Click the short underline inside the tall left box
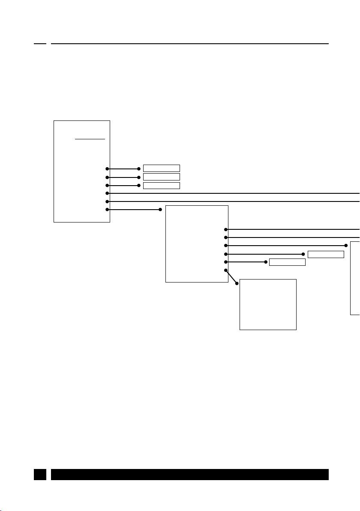[x=90, y=139]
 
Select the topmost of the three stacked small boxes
[x=161, y=168]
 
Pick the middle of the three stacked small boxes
[x=161, y=177]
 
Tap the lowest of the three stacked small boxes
[x=161, y=185]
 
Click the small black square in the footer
[x=40, y=474]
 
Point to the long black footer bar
[x=189, y=474]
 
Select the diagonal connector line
[x=231, y=277]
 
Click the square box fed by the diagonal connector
[x=268, y=304]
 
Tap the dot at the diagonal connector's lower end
[x=237, y=283]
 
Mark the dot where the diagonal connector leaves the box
[x=226, y=270]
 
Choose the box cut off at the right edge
[x=355, y=278]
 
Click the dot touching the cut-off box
[x=346, y=245]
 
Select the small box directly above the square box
[x=287, y=262]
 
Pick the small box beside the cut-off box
[x=326, y=254]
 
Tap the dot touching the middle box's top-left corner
[x=160, y=210]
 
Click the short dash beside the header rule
[x=40, y=43]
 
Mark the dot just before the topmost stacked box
[x=139, y=169]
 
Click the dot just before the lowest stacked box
[x=139, y=185]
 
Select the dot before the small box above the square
[x=265, y=262]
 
